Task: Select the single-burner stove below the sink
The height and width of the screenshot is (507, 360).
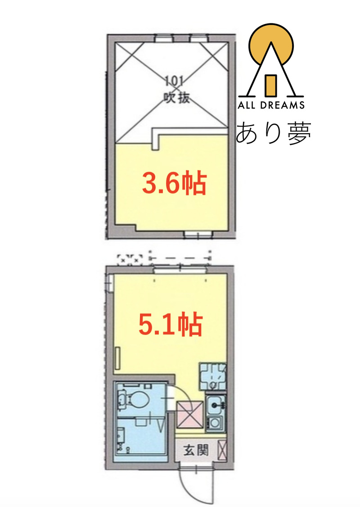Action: (x=215, y=423)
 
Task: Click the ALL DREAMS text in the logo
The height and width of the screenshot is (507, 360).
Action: (x=271, y=105)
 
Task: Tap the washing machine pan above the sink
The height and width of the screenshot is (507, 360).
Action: (x=213, y=377)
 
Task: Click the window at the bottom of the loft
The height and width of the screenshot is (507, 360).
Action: (x=197, y=234)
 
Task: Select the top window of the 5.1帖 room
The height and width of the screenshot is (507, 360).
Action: (x=180, y=270)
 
